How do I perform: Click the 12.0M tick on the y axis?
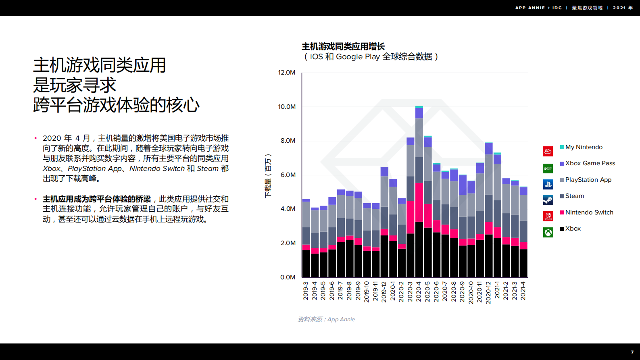point(286,73)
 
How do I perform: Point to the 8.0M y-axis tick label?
point(288,141)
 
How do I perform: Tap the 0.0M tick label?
point(288,277)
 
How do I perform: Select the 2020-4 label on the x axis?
point(419,291)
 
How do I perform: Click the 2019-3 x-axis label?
point(306,291)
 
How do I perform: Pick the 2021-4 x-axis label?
point(523,291)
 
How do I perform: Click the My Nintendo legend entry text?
point(584,147)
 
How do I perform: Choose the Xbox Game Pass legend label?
point(590,163)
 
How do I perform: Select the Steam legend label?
point(574,196)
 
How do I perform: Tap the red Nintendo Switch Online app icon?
point(548,216)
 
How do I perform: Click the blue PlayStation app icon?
point(548,185)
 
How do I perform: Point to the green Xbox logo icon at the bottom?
point(548,233)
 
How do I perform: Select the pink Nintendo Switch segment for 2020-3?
point(411,217)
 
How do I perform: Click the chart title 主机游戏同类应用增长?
point(343,47)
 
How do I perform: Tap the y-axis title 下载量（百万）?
point(268,176)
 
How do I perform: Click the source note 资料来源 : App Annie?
point(326,319)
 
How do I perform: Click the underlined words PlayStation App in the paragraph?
point(95,169)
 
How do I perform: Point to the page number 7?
point(632,352)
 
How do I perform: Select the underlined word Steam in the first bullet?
point(208,169)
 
